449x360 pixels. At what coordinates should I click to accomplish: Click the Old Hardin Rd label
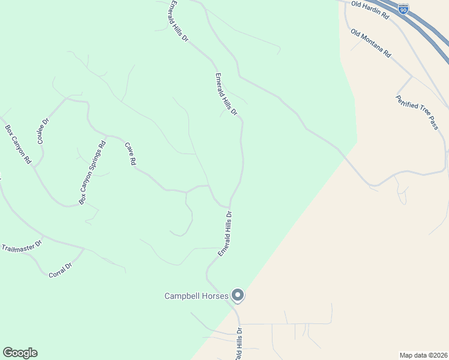coord(370,11)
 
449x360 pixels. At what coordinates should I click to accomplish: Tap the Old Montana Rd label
coord(371,43)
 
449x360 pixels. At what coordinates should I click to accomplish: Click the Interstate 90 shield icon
coord(403,8)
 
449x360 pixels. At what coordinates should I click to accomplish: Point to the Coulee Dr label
coord(43,130)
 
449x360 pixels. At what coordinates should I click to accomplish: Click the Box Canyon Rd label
coord(18,145)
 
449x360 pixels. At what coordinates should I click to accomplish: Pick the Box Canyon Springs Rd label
coord(92,172)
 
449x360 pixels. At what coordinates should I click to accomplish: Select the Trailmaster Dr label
coord(22,246)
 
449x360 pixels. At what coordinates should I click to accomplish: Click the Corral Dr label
coord(60,270)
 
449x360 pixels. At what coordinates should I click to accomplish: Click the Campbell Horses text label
coord(197,296)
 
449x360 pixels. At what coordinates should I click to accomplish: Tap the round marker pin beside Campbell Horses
coord(238,295)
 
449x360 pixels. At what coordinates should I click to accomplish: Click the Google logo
coord(20,353)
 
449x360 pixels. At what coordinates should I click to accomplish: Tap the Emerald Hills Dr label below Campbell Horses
coord(239,344)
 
